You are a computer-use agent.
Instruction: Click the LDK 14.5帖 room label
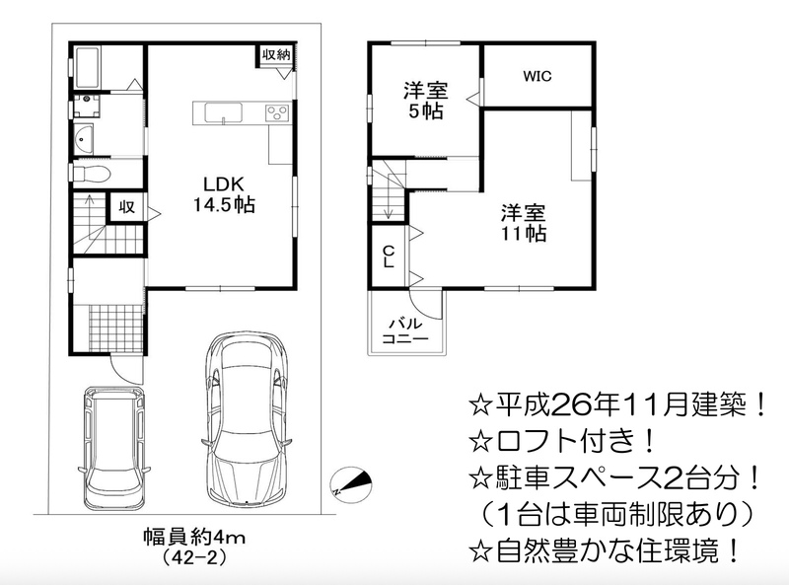tap(225, 193)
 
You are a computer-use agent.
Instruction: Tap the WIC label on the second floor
tap(537, 76)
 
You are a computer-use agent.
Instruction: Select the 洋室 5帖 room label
tap(426, 101)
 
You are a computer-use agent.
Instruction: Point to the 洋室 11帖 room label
tap(524, 223)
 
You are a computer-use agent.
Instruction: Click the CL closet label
tap(389, 256)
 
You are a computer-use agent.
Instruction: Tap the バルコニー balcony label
tap(405, 330)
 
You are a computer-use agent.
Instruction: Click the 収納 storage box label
tap(276, 54)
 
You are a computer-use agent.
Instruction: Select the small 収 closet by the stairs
tap(127, 206)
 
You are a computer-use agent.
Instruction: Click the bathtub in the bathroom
tap(88, 68)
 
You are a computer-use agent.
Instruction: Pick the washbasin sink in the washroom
tap(84, 139)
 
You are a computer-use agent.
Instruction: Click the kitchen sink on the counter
tap(223, 112)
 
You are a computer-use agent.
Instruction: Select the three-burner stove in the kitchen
tap(277, 112)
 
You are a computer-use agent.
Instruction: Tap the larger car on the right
tap(246, 419)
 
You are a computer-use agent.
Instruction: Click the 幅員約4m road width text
tap(194, 538)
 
